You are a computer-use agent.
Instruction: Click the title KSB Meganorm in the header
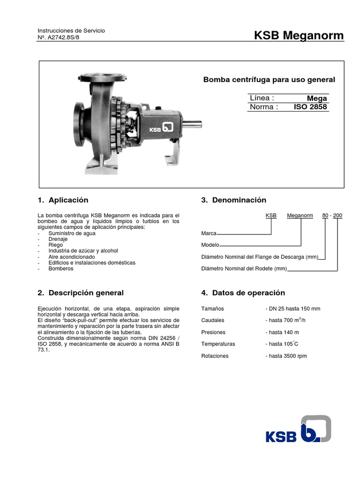coord(298,36)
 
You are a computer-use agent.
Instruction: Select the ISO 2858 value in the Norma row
coord(310,107)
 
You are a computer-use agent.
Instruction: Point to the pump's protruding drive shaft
coord(192,124)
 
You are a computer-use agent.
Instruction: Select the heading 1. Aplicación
coord(63,200)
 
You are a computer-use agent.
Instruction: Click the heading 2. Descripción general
coord(80,293)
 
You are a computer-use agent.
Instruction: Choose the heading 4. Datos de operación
coord(243,293)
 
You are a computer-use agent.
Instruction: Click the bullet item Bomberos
coord(61,269)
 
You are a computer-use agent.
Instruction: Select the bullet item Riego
coord(55,245)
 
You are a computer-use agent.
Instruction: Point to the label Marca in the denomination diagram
coord(209,233)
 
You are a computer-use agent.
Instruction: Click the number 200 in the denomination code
coord(337,216)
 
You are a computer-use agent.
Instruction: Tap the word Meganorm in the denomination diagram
coord(300,216)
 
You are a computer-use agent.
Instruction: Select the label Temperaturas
coord(218,344)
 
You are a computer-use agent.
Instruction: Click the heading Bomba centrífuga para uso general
coord(269,80)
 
